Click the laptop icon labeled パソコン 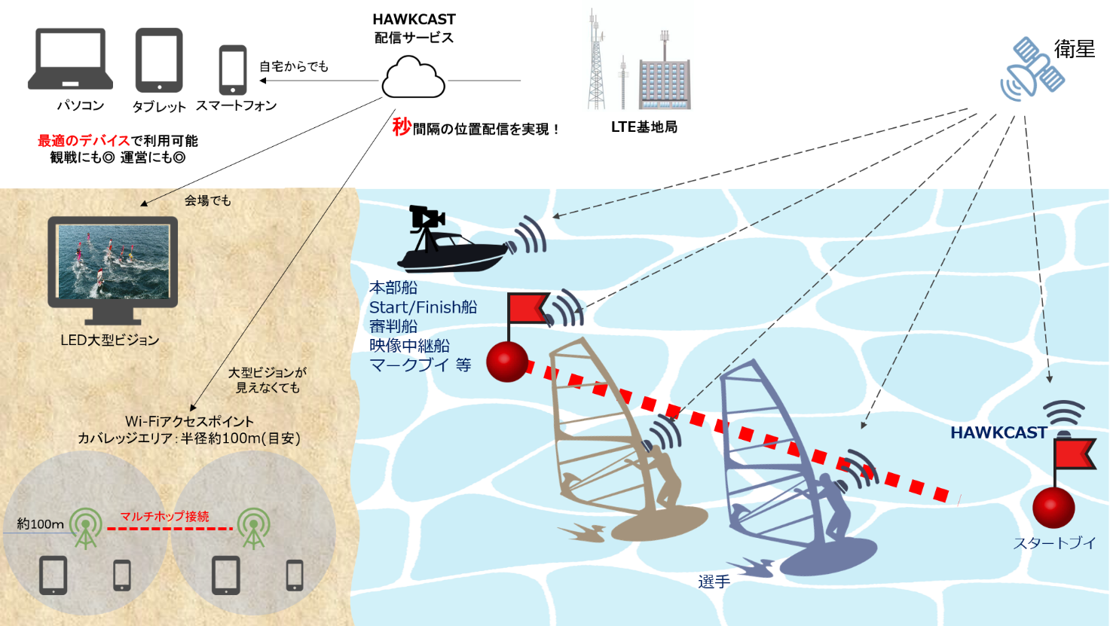70,59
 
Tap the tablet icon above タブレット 159,60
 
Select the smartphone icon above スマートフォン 233,70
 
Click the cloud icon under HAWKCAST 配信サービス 413,79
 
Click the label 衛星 1074,50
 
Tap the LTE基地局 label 644,127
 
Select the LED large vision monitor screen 113,260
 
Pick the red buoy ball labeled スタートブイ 1053,507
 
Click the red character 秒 402,127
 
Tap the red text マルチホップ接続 165,516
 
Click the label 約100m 40,524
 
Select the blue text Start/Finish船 423,307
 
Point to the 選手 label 714,582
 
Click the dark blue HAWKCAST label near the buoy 998,432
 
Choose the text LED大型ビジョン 110,340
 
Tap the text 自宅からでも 294,66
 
